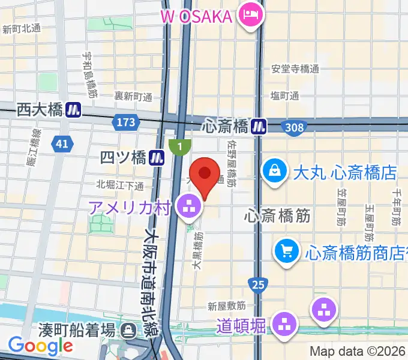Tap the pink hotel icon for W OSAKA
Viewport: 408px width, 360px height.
tap(248, 14)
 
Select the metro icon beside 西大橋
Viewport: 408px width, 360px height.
tap(74, 110)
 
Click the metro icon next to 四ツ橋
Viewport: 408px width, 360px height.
tap(158, 158)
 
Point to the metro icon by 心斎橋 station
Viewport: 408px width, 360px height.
tap(259, 126)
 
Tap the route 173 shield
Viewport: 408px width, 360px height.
tap(125, 122)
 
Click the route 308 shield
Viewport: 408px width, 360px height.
tap(295, 127)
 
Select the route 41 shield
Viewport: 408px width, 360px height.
tap(60, 143)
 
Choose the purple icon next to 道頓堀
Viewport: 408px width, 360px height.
tap(284, 326)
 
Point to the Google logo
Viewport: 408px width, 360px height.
tap(41, 346)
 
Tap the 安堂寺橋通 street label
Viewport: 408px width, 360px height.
tap(295, 68)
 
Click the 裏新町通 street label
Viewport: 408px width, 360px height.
tap(133, 96)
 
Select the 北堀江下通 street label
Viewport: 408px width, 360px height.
tap(120, 185)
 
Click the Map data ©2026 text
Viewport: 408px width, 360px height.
tap(358, 352)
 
